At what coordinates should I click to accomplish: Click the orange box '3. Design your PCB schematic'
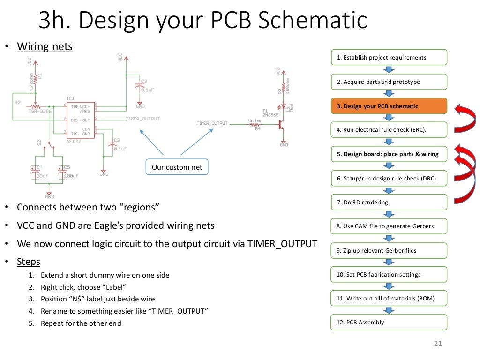pos(389,106)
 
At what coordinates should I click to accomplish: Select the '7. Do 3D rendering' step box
pos(389,202)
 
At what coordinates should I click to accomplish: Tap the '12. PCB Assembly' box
pos(389,322)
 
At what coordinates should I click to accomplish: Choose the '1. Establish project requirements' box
pos(389,58)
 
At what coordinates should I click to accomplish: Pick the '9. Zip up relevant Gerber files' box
pos(389,251)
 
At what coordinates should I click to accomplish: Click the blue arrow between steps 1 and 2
pos(389,70)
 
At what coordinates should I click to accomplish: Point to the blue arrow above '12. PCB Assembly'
pos(389,310)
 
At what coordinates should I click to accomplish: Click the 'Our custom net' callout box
pos(177,167)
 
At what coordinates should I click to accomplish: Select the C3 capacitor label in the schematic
pos(144,81)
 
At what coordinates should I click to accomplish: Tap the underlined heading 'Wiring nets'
pos(45,47)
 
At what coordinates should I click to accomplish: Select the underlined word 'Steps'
pos(29,262)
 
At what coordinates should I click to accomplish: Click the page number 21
pos(438,344)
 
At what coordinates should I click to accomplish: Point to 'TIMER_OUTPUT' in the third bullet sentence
pos(282,244)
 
